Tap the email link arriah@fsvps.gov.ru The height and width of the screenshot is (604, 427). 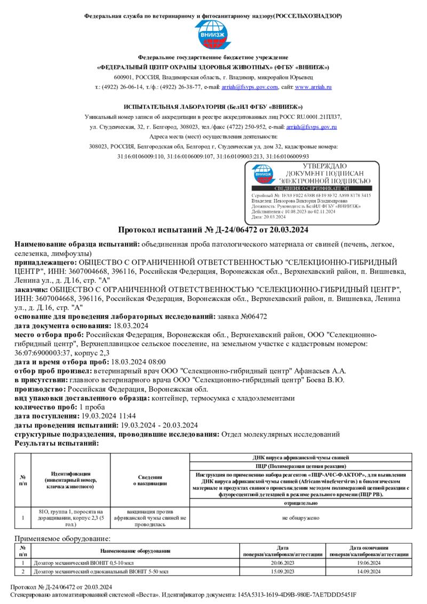312,127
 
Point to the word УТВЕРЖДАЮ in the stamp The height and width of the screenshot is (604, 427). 321,166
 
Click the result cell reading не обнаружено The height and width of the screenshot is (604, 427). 301,518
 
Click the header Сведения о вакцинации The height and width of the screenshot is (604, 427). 150,480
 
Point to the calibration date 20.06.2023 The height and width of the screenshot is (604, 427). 283,563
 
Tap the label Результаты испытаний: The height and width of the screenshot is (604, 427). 57,443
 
